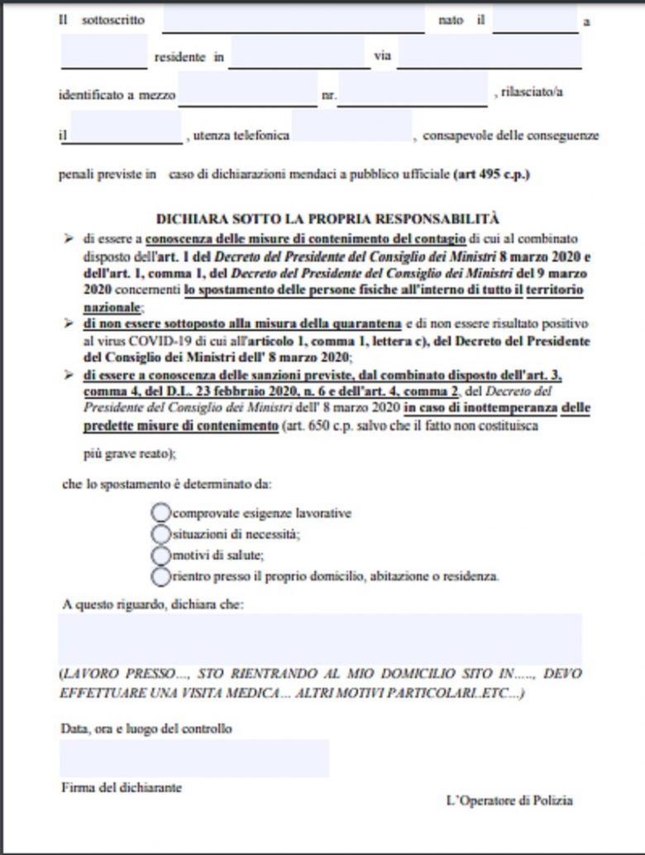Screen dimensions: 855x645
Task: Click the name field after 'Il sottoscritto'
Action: pos(293,20)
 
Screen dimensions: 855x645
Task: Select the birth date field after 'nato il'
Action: pos(534,20)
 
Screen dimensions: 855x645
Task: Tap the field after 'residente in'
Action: pos(299,55)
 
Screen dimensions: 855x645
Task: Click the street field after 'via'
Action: pos(489,55)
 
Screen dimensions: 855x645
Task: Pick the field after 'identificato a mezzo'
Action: pos(247,90)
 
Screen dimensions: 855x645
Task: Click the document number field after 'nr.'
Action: pos(412,90)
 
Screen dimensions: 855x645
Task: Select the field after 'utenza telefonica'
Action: pos(351,127)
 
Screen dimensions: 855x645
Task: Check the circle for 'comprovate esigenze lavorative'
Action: pos(160,512)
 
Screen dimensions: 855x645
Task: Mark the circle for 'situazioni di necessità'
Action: pos(160,534)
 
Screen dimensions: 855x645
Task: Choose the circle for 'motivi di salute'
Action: pos(160,555)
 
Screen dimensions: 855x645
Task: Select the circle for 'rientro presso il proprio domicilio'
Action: pos(160,575)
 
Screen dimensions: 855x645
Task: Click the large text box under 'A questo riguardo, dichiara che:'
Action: pos(320,638)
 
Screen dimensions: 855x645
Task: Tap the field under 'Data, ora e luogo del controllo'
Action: pos(193,757)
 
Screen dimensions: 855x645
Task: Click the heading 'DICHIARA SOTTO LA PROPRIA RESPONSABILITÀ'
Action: pos(328,219)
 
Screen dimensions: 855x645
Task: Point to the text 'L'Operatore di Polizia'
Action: pos(509,800)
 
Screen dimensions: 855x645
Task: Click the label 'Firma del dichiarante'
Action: pos(121,787)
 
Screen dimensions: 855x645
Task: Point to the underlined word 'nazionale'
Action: pos(110,305)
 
